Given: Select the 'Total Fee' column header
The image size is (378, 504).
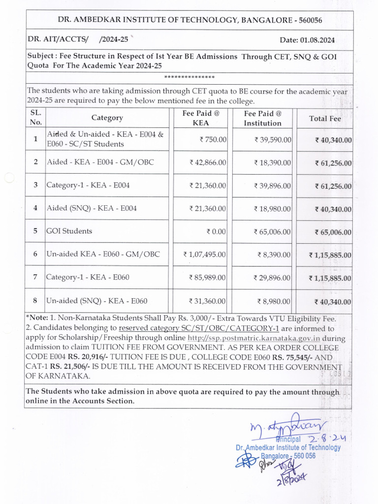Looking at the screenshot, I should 324,118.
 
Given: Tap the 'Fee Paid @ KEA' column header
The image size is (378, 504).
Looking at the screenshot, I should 200,118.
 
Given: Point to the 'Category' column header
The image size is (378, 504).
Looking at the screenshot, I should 107,118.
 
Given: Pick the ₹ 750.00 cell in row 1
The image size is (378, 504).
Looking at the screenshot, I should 213,140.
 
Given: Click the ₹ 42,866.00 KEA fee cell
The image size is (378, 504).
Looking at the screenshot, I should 208,162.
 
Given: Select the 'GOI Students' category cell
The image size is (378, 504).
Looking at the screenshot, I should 69,231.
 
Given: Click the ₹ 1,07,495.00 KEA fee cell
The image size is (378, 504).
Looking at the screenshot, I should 204,254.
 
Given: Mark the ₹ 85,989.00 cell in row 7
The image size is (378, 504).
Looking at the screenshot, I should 207,278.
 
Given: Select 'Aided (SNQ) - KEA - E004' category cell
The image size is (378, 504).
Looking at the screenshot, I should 91,208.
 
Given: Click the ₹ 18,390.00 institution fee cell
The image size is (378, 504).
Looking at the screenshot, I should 272,162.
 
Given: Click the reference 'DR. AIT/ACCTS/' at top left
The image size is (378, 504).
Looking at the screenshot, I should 58,40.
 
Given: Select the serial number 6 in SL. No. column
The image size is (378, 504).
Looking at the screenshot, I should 35,254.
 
